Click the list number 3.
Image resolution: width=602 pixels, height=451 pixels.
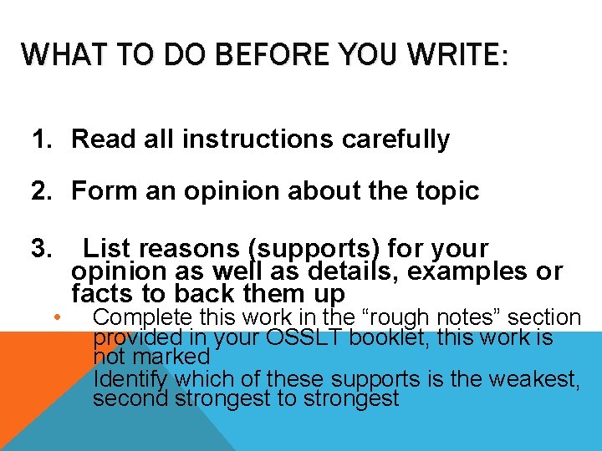pyautogui.click(x=42, y=249)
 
